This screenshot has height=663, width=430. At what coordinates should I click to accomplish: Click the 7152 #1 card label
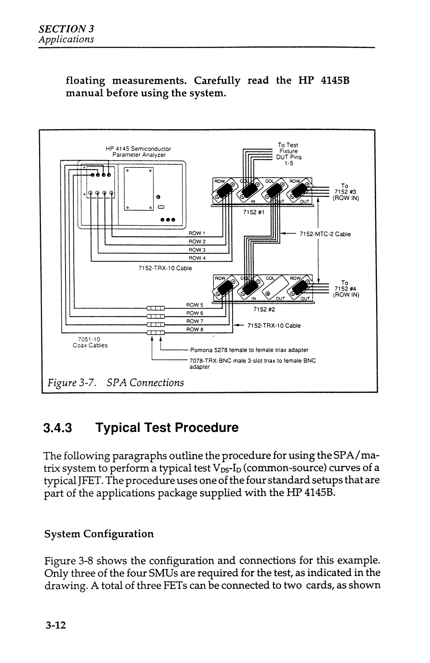pyautogui.click(x=253, y=212)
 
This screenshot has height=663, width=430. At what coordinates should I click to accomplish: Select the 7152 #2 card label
pyautogui.click(x=264, y=309)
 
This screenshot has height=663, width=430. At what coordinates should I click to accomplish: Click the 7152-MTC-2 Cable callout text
pyautogui.click(x=325, y=234)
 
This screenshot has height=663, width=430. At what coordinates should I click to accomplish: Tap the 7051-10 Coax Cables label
pyautogui.click(x=90, y=342)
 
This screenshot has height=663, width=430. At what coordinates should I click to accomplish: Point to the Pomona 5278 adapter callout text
pyautogui.click(x=249, y=350)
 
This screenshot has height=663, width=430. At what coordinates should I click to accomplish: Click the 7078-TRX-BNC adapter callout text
pyautogui.click(x=253, y=364)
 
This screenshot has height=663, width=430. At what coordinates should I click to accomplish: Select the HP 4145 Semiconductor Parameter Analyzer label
pyautogui.click(x=138, y=152)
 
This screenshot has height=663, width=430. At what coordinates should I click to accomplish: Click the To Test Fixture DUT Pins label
pyautogui.click(x=288, y=154)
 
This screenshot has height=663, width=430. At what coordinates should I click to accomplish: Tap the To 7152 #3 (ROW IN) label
pyautogui.click(x=345, y=192)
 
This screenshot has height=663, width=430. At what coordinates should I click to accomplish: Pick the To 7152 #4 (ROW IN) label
pyautogui.click(x=346, y=289)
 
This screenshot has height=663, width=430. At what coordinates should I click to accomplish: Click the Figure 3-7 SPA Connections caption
pyautogui.click(x=116, y=383)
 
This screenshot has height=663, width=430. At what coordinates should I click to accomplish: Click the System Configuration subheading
pyautogui.click(x=99, y=534)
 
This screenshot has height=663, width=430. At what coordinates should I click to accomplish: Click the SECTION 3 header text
pyautogui.click(x=66, y=29)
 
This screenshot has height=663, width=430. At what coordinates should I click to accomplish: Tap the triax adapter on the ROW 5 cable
pyautogui.click(x=155, y=308)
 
